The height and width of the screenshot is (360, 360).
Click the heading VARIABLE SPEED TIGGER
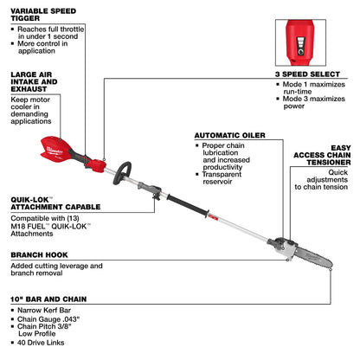coord(44,11)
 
